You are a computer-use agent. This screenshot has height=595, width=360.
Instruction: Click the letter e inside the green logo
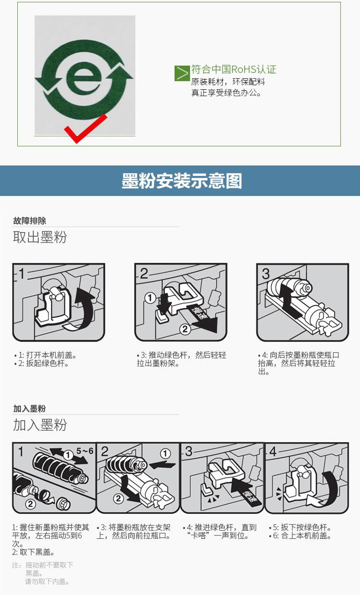80,79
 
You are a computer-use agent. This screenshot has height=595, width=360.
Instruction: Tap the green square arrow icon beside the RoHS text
182,73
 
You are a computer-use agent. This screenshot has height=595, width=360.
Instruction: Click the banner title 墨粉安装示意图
182,181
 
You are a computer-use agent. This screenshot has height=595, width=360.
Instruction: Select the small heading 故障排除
29,220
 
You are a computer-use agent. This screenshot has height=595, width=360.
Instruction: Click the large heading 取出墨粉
40,237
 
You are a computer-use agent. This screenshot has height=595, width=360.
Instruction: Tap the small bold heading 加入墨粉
29,408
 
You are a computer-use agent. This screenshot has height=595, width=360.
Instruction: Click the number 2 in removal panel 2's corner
144,273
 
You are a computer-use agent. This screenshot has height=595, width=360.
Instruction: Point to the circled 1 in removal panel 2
150,298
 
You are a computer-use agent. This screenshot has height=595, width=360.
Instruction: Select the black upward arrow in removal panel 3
289,300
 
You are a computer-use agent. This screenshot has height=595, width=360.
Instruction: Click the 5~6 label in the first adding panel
85,451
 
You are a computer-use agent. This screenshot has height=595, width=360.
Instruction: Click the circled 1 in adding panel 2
165,453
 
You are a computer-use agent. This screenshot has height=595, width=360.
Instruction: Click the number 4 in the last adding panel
273,451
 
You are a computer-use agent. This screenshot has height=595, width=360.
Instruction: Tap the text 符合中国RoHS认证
234,70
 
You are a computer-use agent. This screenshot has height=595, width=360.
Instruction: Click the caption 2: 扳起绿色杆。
42,363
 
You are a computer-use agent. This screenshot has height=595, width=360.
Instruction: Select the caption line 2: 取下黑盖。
33,552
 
